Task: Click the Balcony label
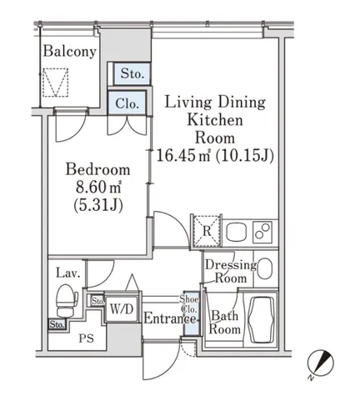tap(69, 52)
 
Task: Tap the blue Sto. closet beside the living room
tap(132, 73)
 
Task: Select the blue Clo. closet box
tap(127, 103)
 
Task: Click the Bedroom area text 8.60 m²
tap(98, 188)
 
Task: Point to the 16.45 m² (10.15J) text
tap(215, 155)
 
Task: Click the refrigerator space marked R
tap(207, 231)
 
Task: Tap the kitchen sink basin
tap(237, 232)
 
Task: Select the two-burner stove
tap(262, 232)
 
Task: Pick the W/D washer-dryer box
tap(122, 308)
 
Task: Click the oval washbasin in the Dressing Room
tap(264, 268)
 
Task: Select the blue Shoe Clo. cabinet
tap(191, 314)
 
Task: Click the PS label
tap(87, 338)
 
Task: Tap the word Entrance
tap(170, 318)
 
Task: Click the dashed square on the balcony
tap(55, 83)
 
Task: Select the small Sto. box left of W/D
tap(97, 301)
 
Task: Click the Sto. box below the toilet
tap(57, 324)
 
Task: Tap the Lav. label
tap(68, 273)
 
